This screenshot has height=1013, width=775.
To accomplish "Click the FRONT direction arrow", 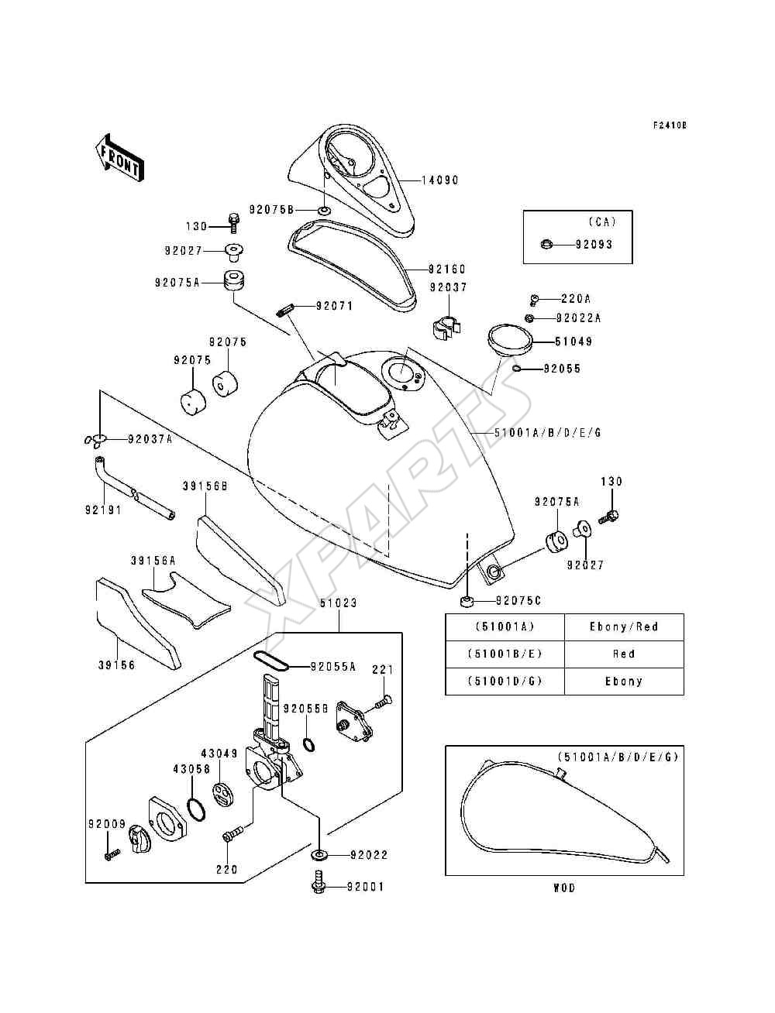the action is [x=120, y=158].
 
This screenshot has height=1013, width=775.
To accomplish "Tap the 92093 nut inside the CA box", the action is [x=546, y=244].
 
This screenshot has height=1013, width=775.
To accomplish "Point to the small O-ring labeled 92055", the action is [x=517, y=369].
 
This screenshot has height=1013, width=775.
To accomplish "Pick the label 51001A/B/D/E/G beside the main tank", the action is [x=547, y=433].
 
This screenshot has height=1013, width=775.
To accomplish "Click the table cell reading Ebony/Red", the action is [x=624, y=627].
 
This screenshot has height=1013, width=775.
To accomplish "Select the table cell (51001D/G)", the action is [x=505, y=681].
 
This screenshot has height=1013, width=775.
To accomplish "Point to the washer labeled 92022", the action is [x=319, y=855].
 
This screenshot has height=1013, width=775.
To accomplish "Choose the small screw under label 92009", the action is [x=112, y=854].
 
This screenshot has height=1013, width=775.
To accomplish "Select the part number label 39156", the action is [x=116, y=665].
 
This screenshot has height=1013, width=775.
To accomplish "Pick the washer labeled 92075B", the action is [x=324, y=211].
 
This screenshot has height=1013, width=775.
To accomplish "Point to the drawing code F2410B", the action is [x=670, y=125].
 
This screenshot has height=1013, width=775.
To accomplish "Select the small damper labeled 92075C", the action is [x=466, y=601].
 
